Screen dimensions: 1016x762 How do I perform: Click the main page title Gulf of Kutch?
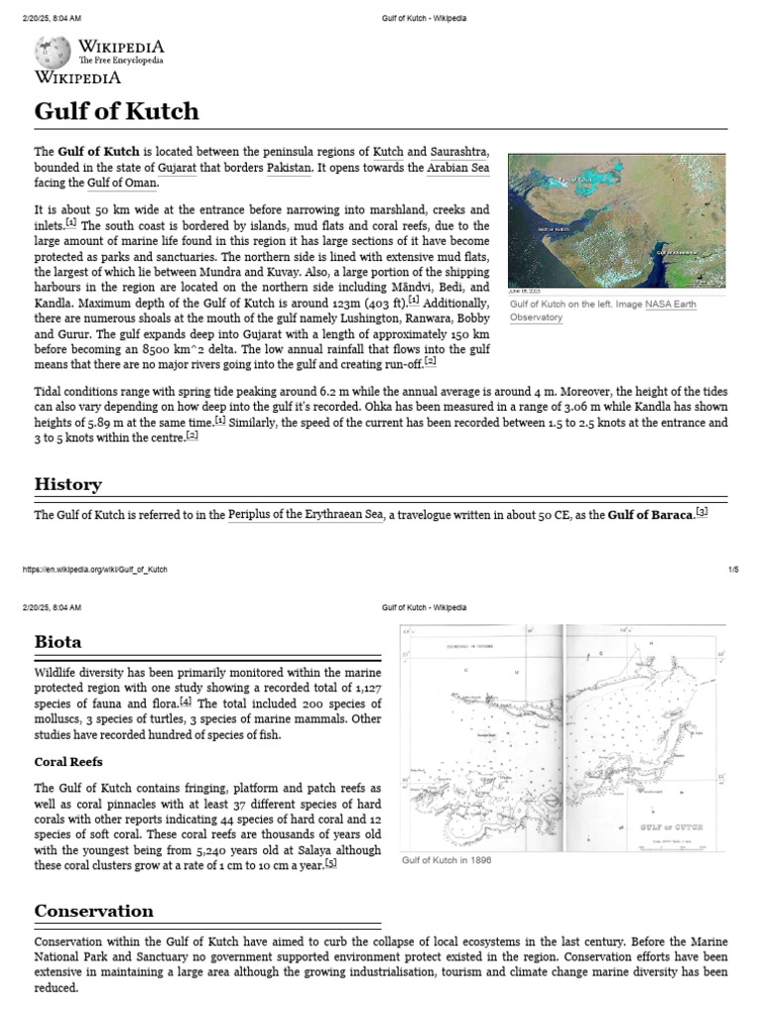(x=116, y=110)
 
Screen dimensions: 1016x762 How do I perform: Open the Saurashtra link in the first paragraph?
(x=459, y=152)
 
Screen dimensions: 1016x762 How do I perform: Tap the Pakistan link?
(x=282, y=168)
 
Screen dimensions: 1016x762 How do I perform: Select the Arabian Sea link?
(x=457, y=168)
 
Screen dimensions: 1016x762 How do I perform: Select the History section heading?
(x=67, y=484)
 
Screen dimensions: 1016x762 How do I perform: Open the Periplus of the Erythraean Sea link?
(x=306, y=515)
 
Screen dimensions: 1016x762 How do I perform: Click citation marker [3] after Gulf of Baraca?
(x=701, y=512)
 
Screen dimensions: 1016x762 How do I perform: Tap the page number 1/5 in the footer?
(x=733, y=570)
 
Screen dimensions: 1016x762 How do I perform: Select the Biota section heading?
(x=58, y=641)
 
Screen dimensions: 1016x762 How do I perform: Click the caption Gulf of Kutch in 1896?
(x=445, y=860)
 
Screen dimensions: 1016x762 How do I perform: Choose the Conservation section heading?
(x=94, y=911)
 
